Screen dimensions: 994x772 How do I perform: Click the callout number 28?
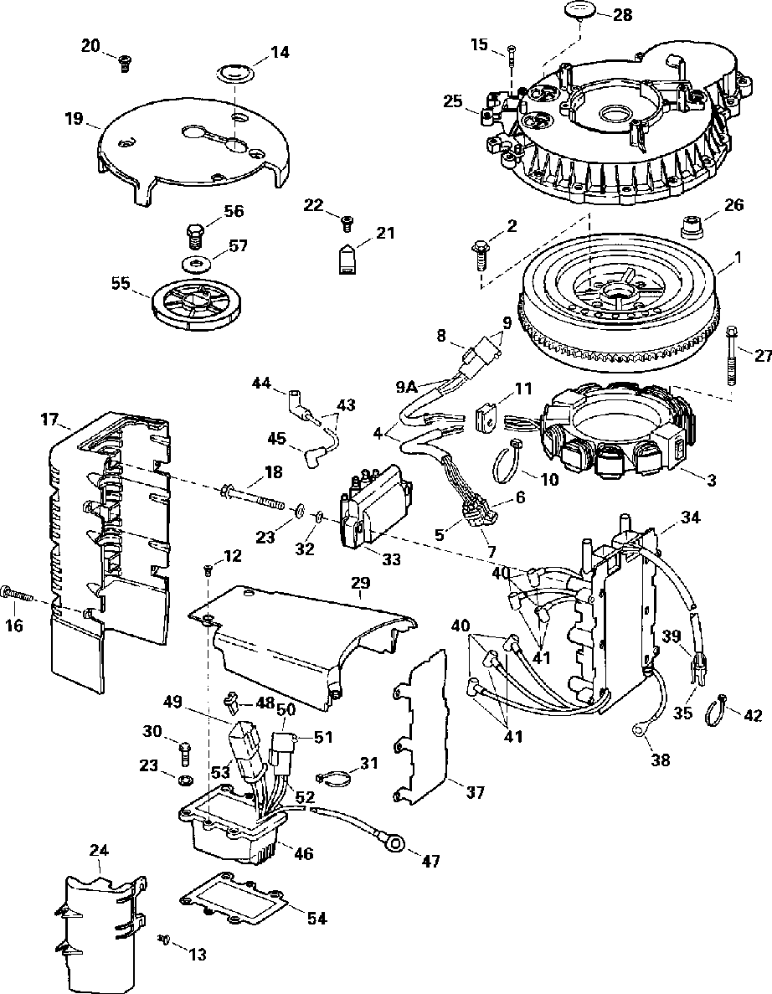[624, 15]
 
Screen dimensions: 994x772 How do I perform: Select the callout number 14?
[280, 52]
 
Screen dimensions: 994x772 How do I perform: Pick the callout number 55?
[121, 284]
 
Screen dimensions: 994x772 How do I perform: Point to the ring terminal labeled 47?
[391, 839]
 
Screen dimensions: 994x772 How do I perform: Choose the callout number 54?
[316, 919]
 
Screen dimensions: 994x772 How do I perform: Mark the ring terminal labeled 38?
[641, 731]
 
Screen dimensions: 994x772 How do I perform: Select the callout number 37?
[475, 791]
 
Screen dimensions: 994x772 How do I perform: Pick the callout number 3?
[711, 481]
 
